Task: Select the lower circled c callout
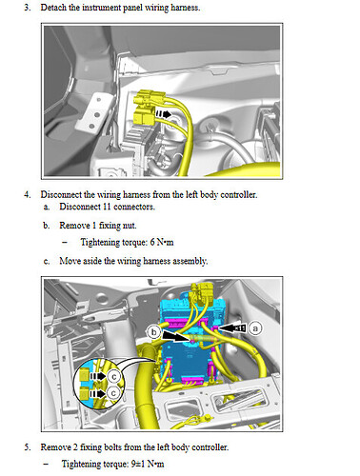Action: click(114, 391)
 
